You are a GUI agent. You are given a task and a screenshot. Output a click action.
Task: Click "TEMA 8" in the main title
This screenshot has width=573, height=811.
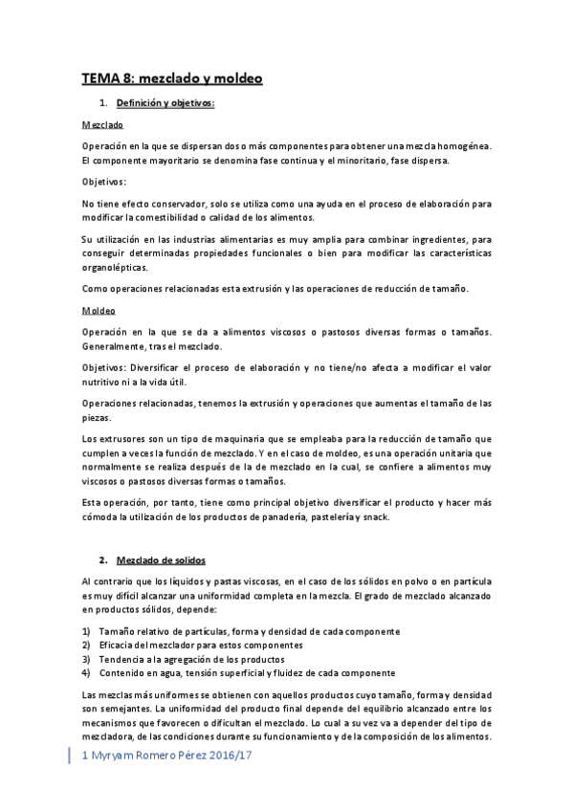(104, 80)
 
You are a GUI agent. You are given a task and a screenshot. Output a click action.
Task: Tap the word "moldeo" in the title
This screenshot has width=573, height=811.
(236, 80)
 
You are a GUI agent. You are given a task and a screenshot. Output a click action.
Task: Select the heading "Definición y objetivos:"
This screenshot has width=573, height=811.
(165, 102)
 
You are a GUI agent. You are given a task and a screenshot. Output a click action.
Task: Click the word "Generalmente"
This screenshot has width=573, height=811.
(115, 345)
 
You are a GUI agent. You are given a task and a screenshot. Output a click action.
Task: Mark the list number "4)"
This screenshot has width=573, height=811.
(86, 672)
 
